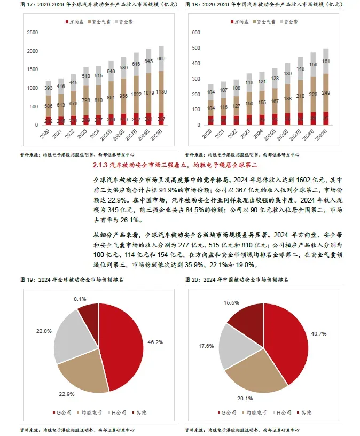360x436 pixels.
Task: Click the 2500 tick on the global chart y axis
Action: point(32,33)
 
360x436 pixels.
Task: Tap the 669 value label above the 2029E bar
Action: point(160,58)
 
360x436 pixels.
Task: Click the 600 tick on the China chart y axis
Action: point(195,33)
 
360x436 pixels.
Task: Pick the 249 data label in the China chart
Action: point(325,92)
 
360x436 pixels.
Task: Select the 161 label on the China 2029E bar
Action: point(325,61)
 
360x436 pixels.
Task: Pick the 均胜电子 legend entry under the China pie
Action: point(255,412)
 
